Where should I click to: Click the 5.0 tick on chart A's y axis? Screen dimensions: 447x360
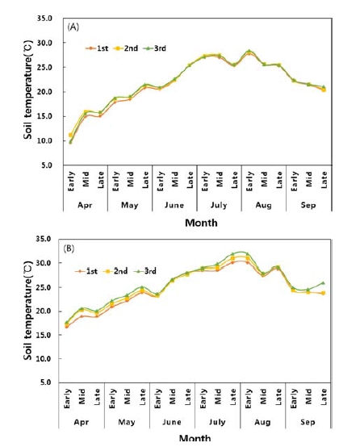(52, 165)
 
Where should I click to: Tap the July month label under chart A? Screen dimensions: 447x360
(220, 205)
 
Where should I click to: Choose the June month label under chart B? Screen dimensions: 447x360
(174, 422)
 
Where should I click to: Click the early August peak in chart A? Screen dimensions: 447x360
(249, 52)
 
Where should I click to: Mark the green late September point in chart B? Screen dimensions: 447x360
(323, 283)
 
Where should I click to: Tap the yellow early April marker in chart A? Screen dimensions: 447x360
(71, 136)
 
